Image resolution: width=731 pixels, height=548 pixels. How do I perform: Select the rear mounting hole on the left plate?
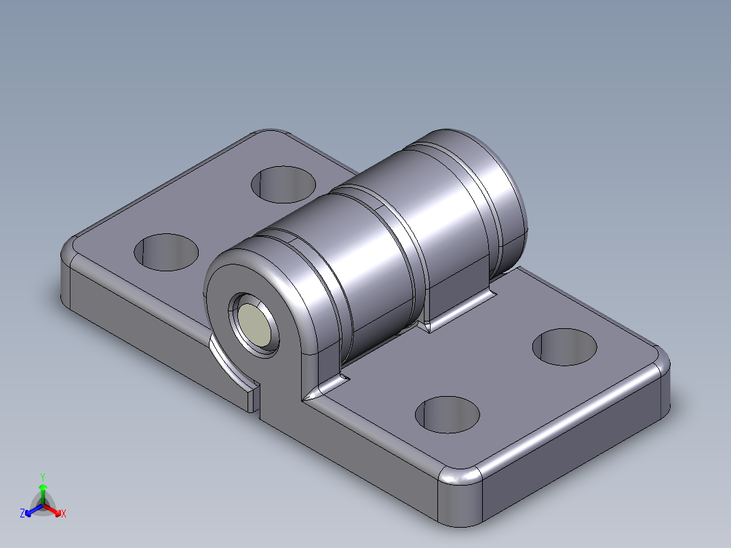coord(285,183)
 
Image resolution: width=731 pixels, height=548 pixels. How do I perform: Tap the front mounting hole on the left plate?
coord(166,252)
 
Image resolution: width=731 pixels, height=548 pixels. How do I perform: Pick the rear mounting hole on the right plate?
coord(565,347)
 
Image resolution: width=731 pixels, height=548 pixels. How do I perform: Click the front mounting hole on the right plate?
coord(447,414)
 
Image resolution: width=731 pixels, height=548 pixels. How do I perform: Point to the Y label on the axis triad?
coord(43,476)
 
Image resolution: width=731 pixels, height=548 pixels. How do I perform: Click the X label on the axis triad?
coord(64,514)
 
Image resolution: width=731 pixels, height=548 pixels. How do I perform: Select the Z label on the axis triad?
coord(22,513)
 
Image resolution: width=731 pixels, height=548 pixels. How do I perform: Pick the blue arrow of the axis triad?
coord(31,510)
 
